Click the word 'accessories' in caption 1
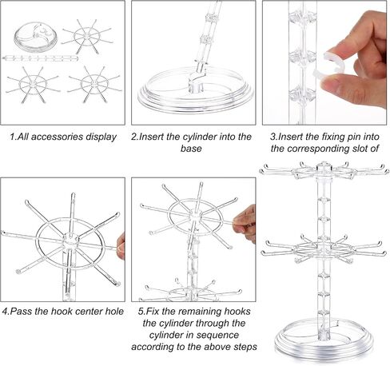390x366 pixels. [57, 137]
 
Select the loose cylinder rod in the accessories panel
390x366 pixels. [41, 58]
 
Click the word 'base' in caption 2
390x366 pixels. [191, 149]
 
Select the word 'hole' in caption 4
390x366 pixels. [114, 311]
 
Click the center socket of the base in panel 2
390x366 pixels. [196, 86]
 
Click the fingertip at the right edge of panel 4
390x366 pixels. [121, 246]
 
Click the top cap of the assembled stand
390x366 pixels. [324, 168]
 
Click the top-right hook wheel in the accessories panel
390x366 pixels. [87, 36]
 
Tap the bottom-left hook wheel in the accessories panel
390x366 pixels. [33, 85]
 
